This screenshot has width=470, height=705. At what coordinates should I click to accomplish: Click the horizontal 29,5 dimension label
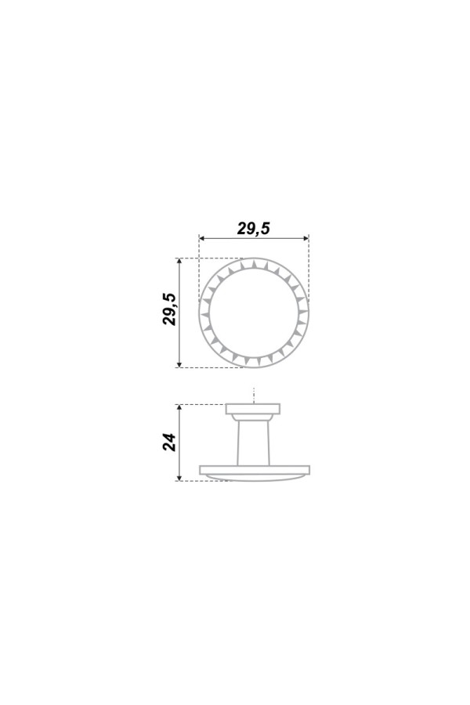tap(253, 229)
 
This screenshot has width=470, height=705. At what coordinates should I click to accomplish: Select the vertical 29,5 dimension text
tap(169, 309)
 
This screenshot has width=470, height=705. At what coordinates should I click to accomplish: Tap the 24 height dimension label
tap(169, 443)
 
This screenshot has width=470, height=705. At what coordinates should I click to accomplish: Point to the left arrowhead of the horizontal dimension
tap(202, 238)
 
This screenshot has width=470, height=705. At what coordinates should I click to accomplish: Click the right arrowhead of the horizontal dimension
tap(305, 238)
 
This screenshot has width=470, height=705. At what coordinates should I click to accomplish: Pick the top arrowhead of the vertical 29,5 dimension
tap(179, 261)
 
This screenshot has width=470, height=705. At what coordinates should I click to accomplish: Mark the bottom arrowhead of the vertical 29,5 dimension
tap(179, 364)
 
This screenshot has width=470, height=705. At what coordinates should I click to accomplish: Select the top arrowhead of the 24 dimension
tap(179, 407)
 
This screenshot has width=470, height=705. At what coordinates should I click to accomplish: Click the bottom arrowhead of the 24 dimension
tap(179, 478)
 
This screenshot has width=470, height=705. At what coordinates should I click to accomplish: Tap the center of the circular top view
tap(254, 313)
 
